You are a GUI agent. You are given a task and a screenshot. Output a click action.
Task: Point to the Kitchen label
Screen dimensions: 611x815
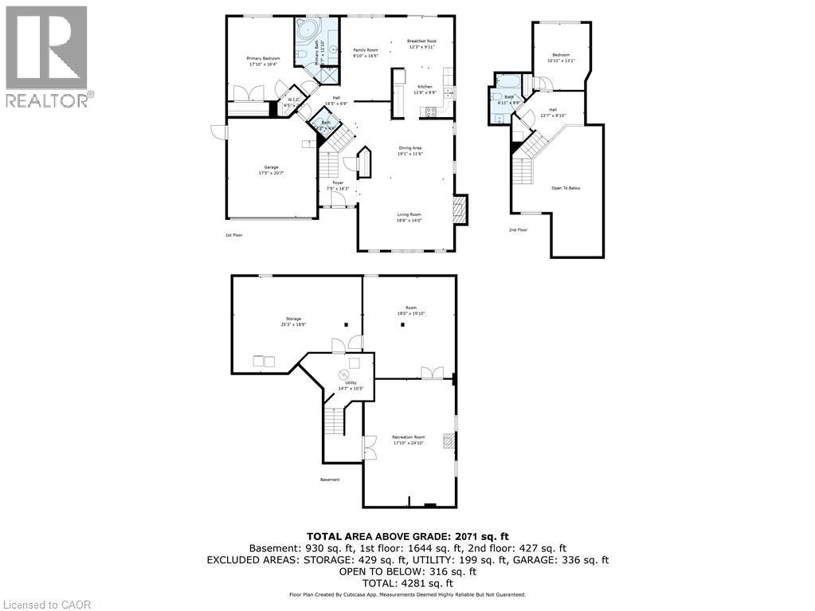425,88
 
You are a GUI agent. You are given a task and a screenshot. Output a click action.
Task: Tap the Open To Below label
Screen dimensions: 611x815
566,188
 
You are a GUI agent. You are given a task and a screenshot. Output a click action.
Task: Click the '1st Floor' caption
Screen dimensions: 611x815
233,235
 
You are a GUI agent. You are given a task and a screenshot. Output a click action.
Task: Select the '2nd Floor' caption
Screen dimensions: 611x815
518,229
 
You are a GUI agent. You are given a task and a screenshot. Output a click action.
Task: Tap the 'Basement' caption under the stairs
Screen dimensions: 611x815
330,480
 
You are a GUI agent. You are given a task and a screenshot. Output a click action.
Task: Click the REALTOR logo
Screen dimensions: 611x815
47,56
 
